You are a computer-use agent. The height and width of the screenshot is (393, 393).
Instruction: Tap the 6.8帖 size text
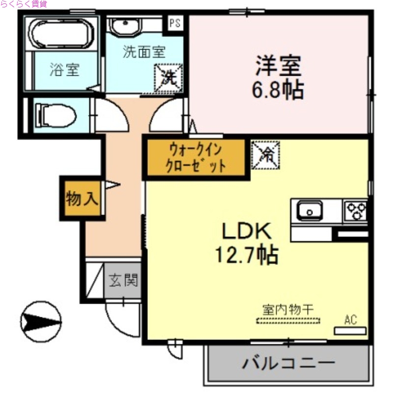pos(278,90)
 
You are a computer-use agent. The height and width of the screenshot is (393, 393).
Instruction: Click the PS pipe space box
pos(175,22)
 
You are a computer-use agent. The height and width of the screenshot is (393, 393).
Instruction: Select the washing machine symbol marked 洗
pos(168,77)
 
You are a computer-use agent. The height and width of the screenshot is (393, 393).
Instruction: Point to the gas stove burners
pos(356,211)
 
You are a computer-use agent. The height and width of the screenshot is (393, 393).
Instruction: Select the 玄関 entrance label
pos(123,281)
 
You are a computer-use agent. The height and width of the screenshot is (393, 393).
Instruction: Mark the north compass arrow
pos(41,320)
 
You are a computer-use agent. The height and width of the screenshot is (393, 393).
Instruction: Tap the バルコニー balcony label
pos(288,365)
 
